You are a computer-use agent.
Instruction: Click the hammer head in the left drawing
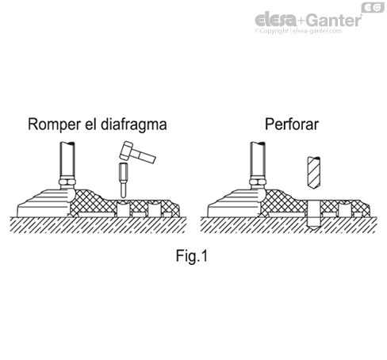pos(126,151)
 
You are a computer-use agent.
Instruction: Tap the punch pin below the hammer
pos(122,179)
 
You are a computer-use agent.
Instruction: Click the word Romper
pos(54,124)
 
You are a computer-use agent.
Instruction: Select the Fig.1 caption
pos(193,257)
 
